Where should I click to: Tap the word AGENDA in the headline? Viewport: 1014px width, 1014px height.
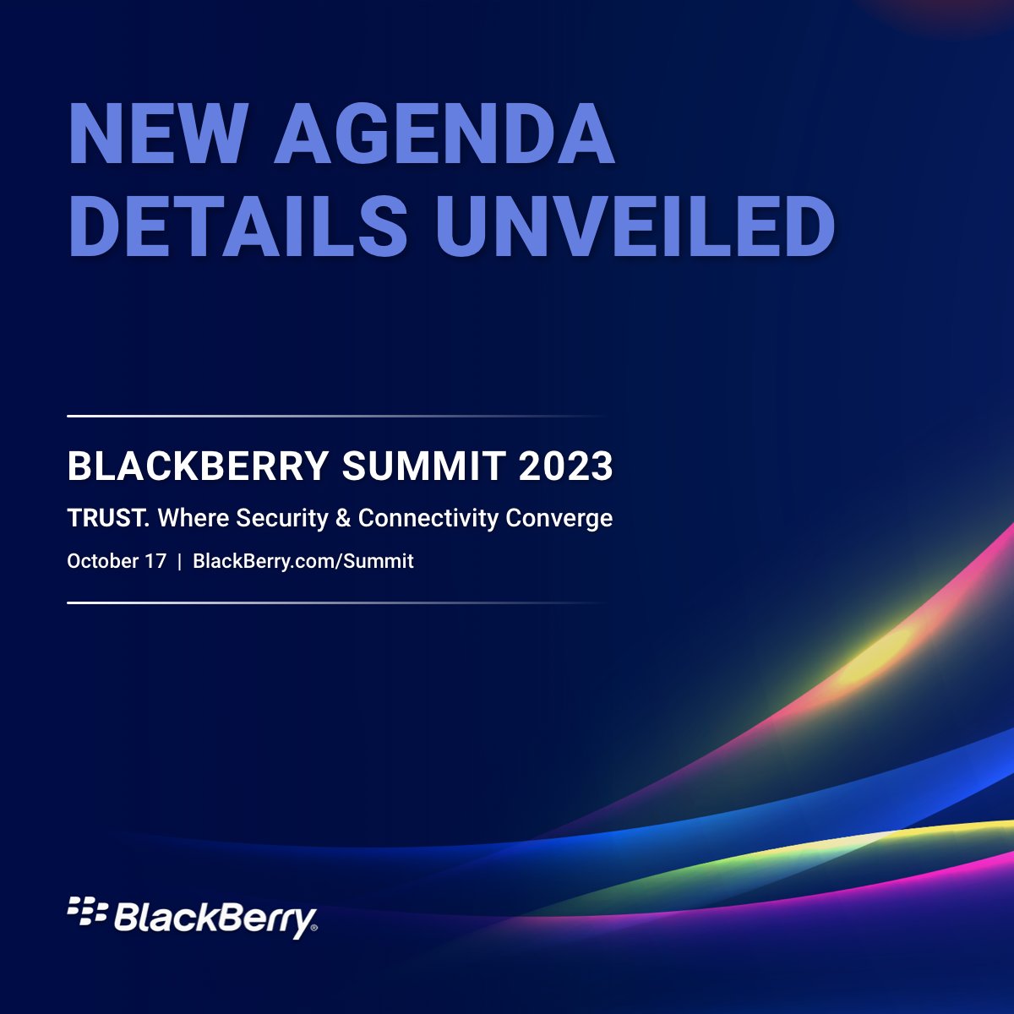pyautogui.click(x=444, y=134)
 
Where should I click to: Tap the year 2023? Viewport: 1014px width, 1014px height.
pyautogui.click(x=565, y=466)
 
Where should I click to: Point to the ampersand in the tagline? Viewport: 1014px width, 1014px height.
pyautogui.click(x=343, y=518)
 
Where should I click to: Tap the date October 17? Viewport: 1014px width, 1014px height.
pyautogui.click(x=117, y=561)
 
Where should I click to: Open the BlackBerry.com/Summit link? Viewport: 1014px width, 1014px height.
pyautogui.click(x=303, y=561)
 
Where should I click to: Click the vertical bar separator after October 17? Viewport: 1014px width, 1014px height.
pyautogui.click(x=179, y=561)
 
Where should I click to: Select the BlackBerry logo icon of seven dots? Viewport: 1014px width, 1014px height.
pyautogui.click(x=87, y=911)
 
